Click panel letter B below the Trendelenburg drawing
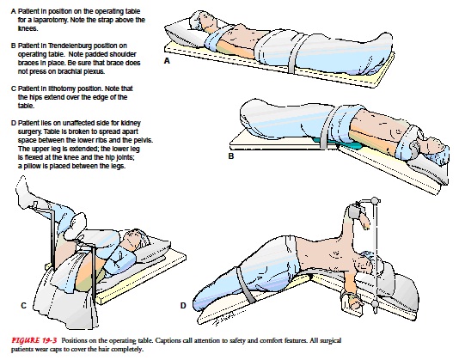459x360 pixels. (231, 156)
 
